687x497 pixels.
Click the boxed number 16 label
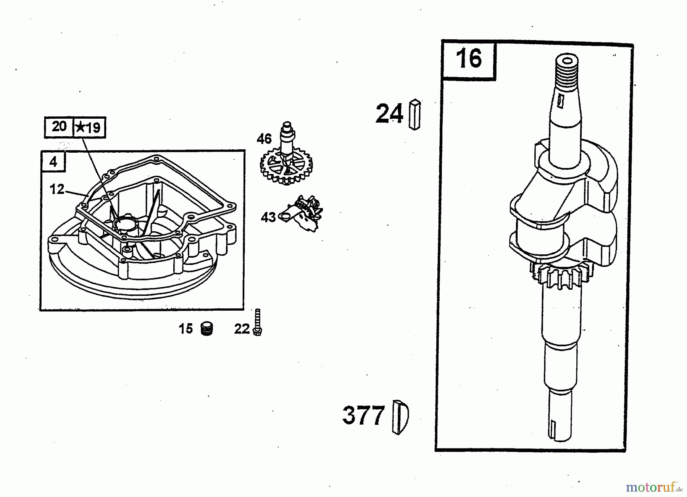point(469,59)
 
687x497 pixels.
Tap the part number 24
point(389,113)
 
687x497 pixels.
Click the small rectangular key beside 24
point(414,115)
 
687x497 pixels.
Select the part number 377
point(363,415)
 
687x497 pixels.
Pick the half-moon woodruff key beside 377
point(400,417)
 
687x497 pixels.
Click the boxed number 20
point(59,127)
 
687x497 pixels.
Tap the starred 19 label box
point(89,127)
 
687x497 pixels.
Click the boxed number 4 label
point(53,162)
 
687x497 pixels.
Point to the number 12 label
point(57,189)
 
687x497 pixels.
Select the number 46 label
point(264,139)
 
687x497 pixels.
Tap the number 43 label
point(268,218)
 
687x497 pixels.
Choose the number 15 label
point(186,329)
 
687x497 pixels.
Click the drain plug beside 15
point(207,329)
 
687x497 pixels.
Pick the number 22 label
point(242,329)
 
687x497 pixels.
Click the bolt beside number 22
point(258,323)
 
